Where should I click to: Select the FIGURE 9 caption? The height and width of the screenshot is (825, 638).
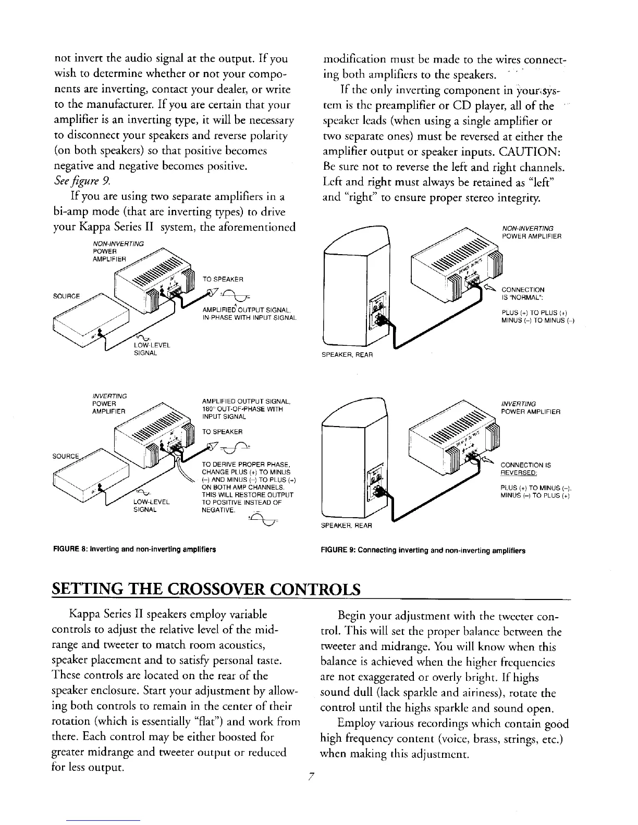[x=423, y=550]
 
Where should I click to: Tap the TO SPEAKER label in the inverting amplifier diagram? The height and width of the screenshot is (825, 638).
[x=223, y=431]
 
